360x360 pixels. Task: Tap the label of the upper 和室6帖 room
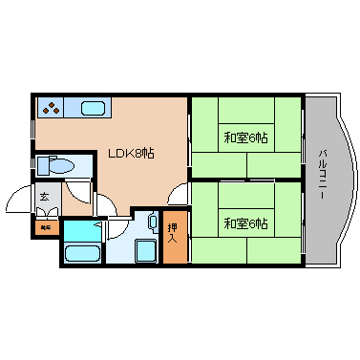pyautogui.click(x=245, y=137)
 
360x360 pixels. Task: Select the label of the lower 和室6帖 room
pyautogui.click(x=245, y=223)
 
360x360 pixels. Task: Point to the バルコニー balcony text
pyautogui.click(x=323, y=175)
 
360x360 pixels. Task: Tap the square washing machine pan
pyautogui.click(x=146, y=252)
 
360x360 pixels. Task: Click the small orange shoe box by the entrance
pyautogui.click(x=45, y=227)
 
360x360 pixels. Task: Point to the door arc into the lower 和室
pyautogui.click(x=179, y=193)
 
